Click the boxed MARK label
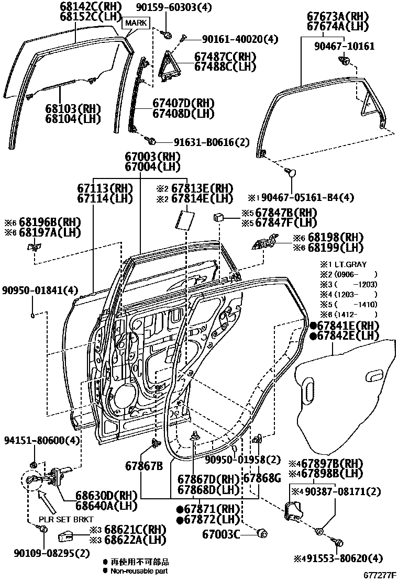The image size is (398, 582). tap(135, 23)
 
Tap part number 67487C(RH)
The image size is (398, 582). tap(225, 56)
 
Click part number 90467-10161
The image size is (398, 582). tap(344, 46)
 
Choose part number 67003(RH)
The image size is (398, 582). tap(152, 155)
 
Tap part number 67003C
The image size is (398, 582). tap(221, 534)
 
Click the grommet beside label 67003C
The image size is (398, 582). tap(262, 534)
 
